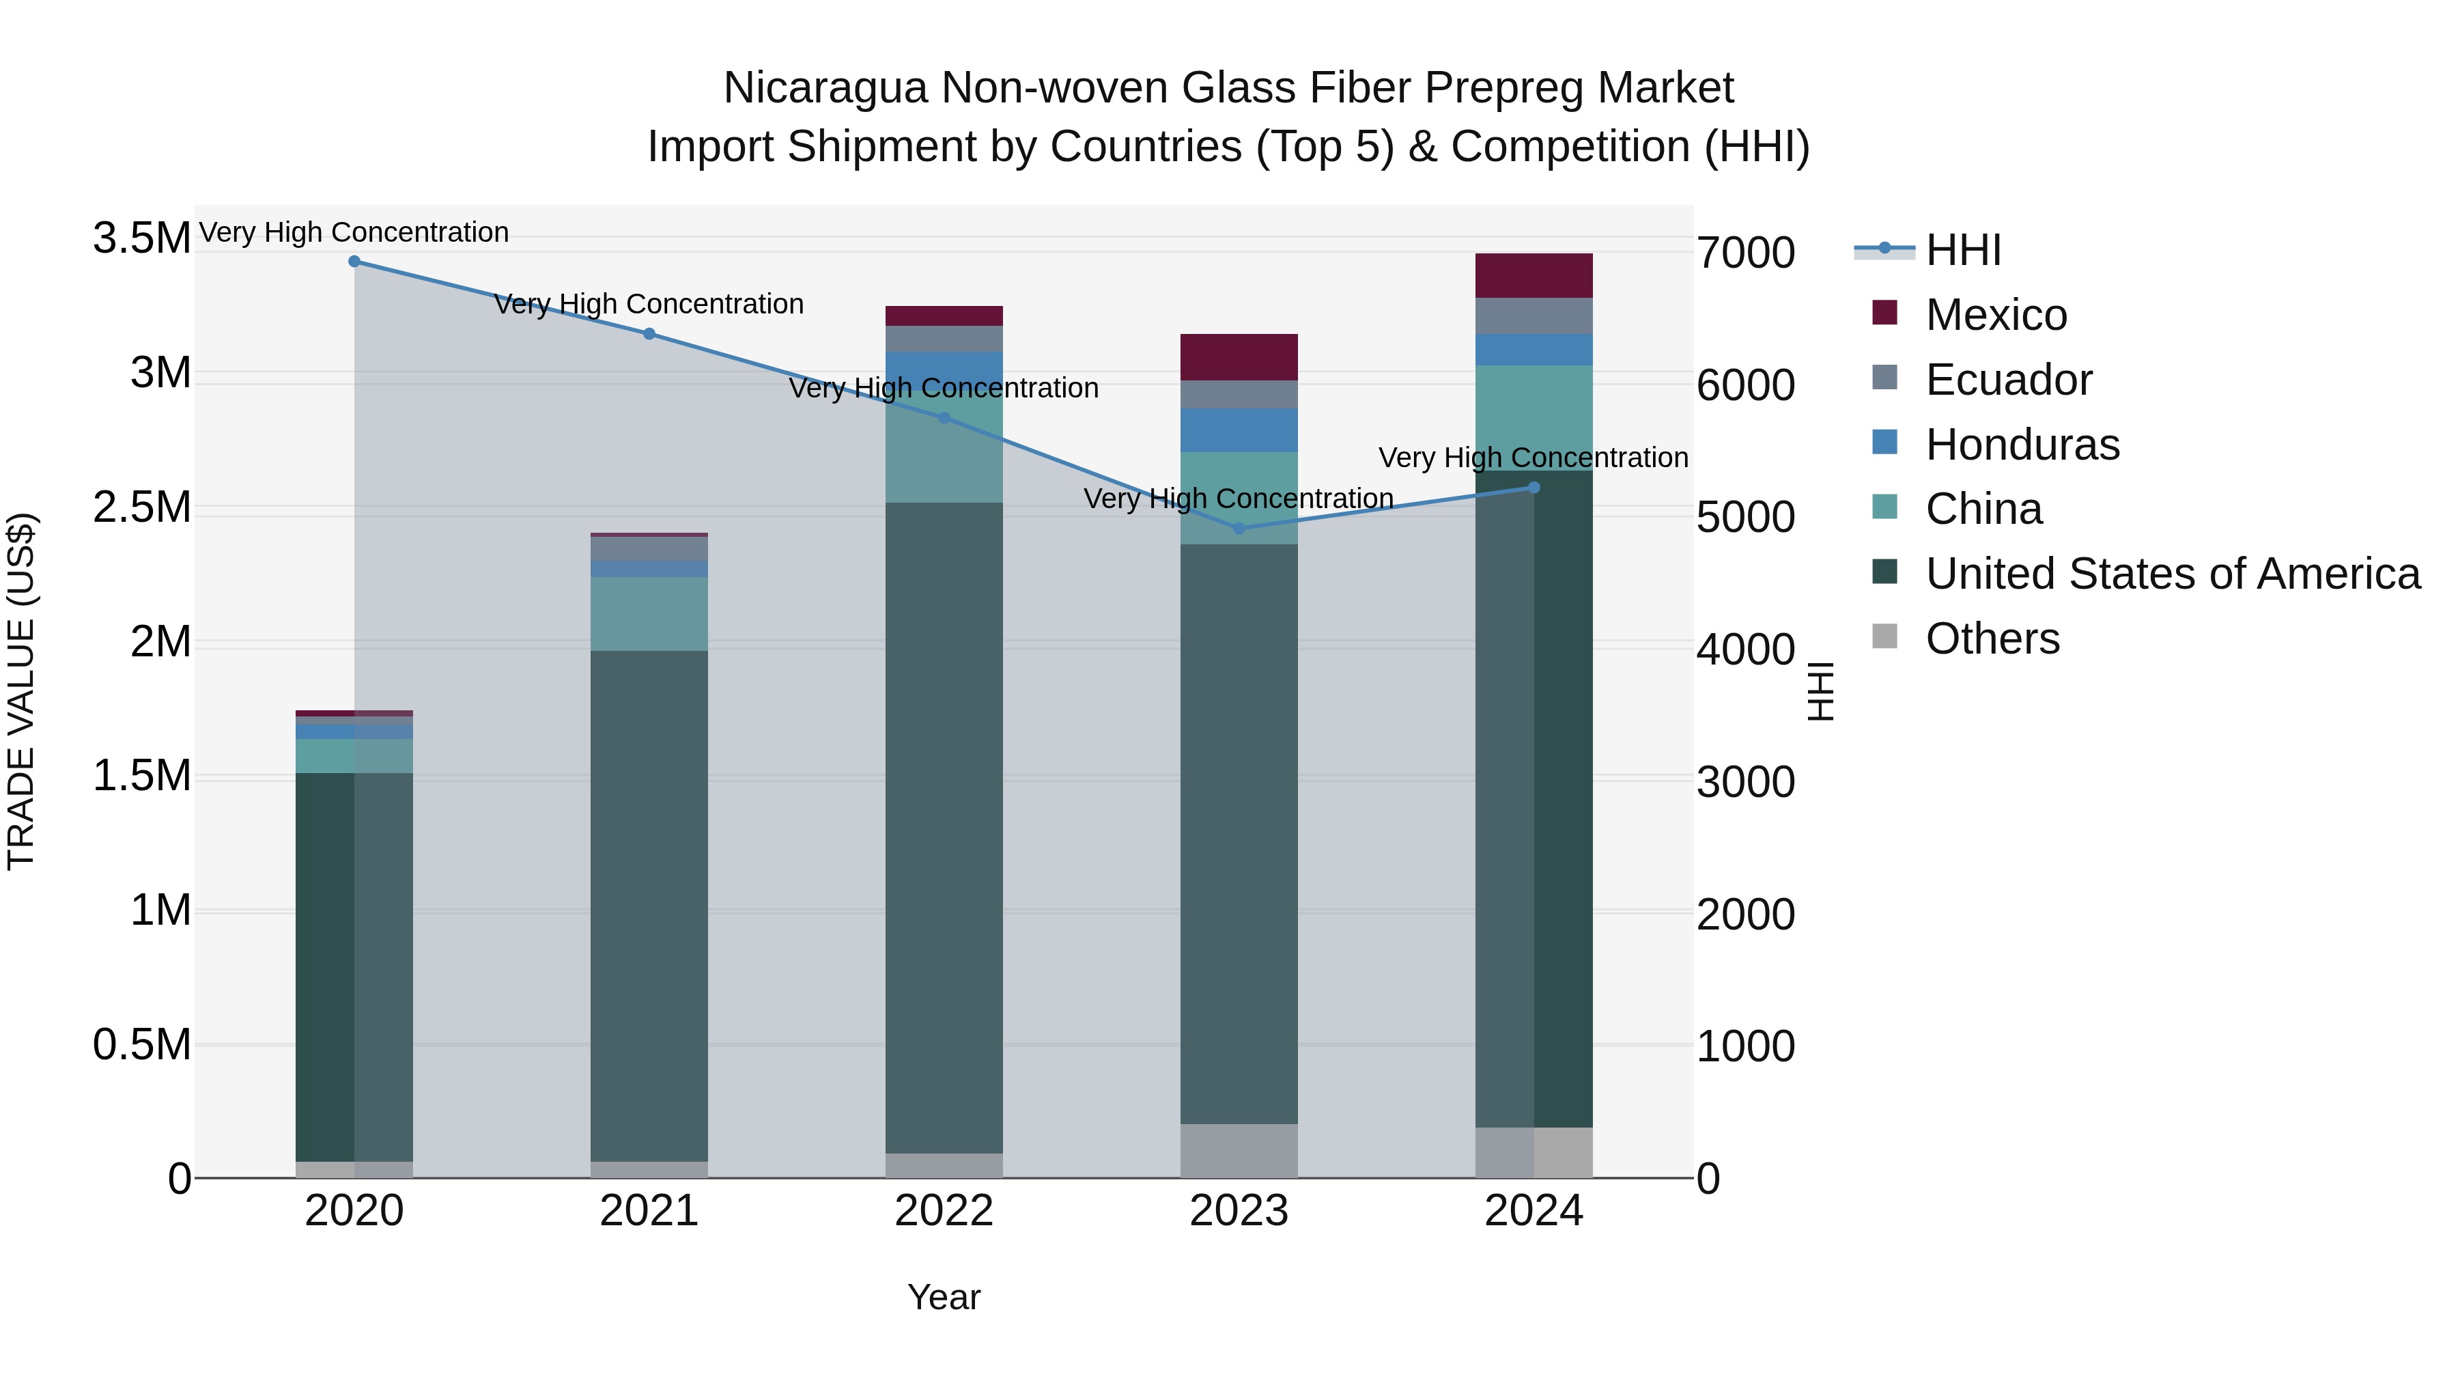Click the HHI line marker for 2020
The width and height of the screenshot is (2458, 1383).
tap(354, 262)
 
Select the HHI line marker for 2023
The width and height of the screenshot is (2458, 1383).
tap(1239, 529)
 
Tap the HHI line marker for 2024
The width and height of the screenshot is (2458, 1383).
tap(1534, 488)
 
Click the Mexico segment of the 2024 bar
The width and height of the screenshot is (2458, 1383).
tap(1534, 276)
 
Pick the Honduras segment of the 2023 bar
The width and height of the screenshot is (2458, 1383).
tap(1239, 430)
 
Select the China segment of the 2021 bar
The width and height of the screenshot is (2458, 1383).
tap(649, 614)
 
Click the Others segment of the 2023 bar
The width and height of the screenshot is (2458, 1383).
tap(1239, 1151)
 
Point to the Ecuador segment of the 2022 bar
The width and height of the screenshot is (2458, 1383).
tap(944, 339)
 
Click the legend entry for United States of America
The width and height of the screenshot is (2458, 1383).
tap(2172, 574)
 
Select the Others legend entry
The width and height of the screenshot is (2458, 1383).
tap(1992, 639)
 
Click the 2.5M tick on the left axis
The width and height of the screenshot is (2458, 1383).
tap(141, 507)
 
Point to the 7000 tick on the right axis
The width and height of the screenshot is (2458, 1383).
tap(1745, 253)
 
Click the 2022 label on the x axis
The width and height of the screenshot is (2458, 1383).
tap(944, 1211)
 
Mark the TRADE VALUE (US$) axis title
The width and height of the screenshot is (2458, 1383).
tap(21, 691)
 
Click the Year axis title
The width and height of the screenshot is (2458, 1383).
tap(944, 1297)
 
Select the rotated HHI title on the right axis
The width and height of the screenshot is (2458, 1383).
tap(1820, 691)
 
